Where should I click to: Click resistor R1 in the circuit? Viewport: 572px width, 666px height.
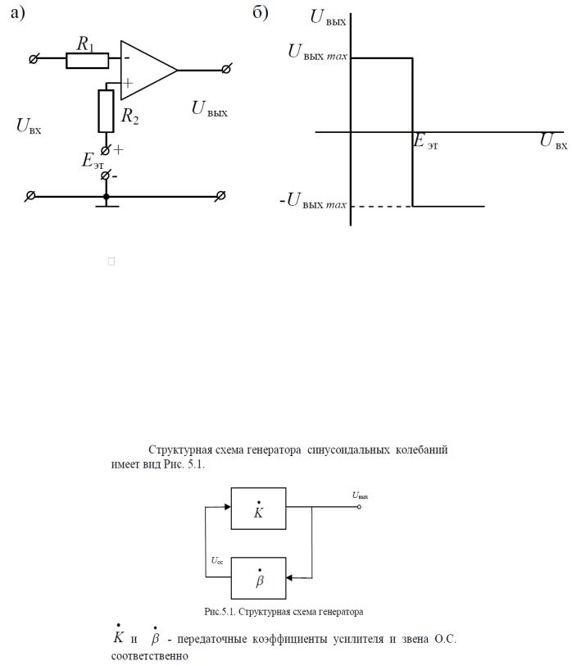click(x=87, y=60)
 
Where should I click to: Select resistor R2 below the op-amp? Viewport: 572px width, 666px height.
click(x=106, y=111)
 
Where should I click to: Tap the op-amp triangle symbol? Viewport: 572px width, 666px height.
click(x=148, y=70)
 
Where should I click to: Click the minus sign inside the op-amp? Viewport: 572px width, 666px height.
click(x=126, y=58)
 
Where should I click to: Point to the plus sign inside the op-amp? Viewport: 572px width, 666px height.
click(x=127, y=82)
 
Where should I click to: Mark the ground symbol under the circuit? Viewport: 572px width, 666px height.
click(x=106, y=205)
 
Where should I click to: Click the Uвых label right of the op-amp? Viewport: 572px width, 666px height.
click(x=209, y=108)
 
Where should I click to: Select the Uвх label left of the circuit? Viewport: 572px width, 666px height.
click(x=28, y=126)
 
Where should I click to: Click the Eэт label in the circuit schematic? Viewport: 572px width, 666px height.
click(x=93, y=160)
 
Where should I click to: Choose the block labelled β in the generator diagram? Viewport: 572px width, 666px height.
click(x=259, y=578)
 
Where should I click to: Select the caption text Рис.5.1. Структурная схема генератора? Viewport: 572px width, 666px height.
click(x=285, y=611)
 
